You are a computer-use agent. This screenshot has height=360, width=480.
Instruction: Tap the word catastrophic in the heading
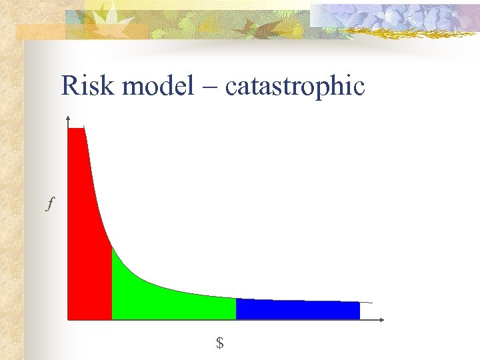coord(295,87)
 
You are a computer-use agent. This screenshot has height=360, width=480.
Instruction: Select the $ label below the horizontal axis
coord(219,343)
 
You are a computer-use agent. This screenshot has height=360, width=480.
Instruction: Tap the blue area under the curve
coord(297,310)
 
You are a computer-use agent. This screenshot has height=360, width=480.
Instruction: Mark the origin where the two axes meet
coord(67,320)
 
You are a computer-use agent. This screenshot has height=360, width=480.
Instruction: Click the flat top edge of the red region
coord(76,128)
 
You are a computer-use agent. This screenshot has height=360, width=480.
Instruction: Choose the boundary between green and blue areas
coord(236,309)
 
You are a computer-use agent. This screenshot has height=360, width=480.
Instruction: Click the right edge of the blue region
coord(360,311)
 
